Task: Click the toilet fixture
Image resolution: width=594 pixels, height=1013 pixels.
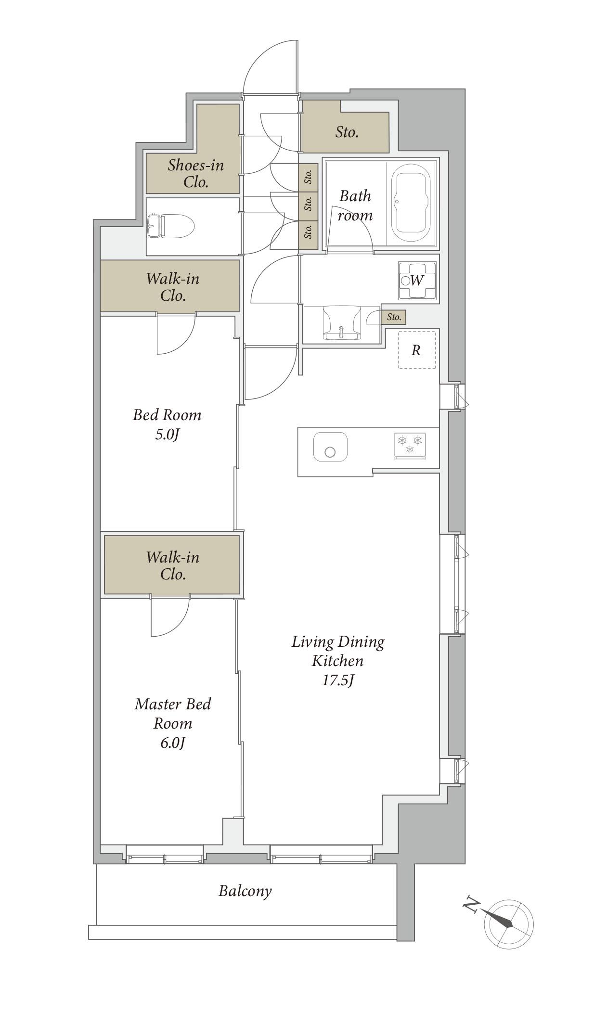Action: pyautogui.click(x=170, y=226)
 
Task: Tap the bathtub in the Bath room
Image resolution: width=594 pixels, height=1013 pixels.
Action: pyautogui.click(x=411, y=204)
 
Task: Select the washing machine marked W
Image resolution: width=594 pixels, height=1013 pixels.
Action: pyautogui.click(x=417, y=280)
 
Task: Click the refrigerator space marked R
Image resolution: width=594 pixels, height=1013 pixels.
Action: pyautogui.click(x=416, y=350)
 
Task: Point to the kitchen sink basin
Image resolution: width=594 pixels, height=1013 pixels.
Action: pyautogui.click(x=330, y=447)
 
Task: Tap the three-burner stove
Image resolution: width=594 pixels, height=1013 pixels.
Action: pyautogui.click(x=410, y=446)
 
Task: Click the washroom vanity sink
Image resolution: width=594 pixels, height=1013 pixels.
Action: pyautogui.click(x=341, y=323)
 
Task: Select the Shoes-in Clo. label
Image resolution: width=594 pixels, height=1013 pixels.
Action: pyautogui.click(x=196, y=174)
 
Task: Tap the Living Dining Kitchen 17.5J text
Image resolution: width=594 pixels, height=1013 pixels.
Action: pyautogui.click(x=338, y=660)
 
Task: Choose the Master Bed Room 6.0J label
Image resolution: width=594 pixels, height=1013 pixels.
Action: pyautogui.click(x=173, y=723)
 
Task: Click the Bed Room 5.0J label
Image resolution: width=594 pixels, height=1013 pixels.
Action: pyautogui.click(x=167, y=424)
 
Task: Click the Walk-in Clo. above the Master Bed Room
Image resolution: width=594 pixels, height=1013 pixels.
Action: pyautogui.click(x=172, y=565)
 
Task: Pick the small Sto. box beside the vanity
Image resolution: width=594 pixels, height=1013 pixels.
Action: pyautogui.click(x=394, y=317)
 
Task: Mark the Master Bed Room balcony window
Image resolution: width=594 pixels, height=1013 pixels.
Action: pyautogui.click(x=165, y=859)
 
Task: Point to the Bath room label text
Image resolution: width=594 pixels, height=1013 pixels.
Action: pyautogui.click(x=355, y=205)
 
